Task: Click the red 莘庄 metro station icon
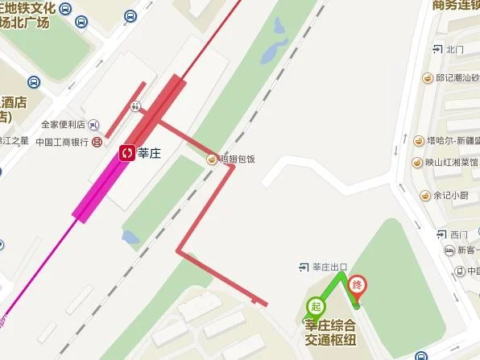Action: point(126,151)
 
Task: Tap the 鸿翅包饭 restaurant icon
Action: point(212,158)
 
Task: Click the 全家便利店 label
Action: point(63,125)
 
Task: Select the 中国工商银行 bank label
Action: point(62,142)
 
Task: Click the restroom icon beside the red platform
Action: point(137,105)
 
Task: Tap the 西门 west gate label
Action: point(458,234)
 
